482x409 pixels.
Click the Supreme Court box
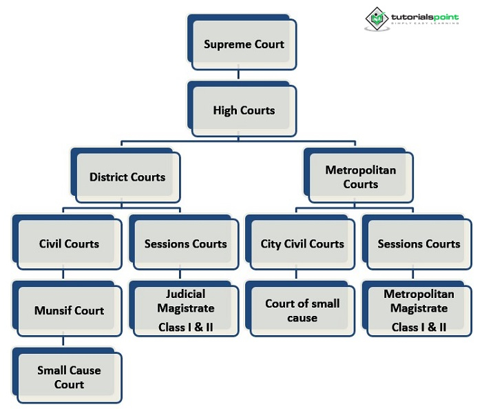pyautogui.click(x=244, y=44)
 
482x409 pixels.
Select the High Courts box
pyautogui.click(x=244, y=110)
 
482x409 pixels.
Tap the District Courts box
pyautogui.click(x=127, y=177)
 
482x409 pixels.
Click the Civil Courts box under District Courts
pyautogui.click(x=69, y=243)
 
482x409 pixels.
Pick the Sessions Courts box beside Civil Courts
pyautogui.click(x=185, y=243)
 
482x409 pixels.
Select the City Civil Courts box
pyautogui.click(x=302, y=243)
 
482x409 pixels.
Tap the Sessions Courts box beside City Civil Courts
pyautogui.click(x=419, y=243)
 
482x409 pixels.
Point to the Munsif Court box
pyautogui.click(x=69, y=310)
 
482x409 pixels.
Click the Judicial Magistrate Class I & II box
pyautogui.click(x=185, y=310)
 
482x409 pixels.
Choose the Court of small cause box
pyautogui.click(x=302, y=310)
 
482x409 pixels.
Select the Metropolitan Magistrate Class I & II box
pyautogui.click(x=419, y=310)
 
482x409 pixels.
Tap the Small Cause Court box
pyautogui.click(x=69, y=377)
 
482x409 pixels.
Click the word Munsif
pyautogui.click(x=52, y=310)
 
